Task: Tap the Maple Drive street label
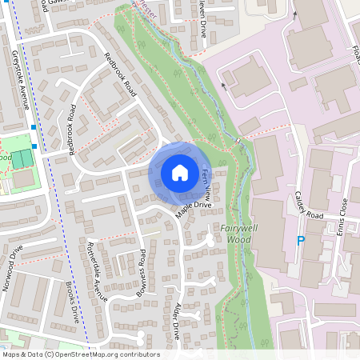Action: [x=194, y=210]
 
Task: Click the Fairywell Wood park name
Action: [x=234, y=233]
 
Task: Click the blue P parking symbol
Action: [x=301, y=240]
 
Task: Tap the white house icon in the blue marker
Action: [x=180, y=172]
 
